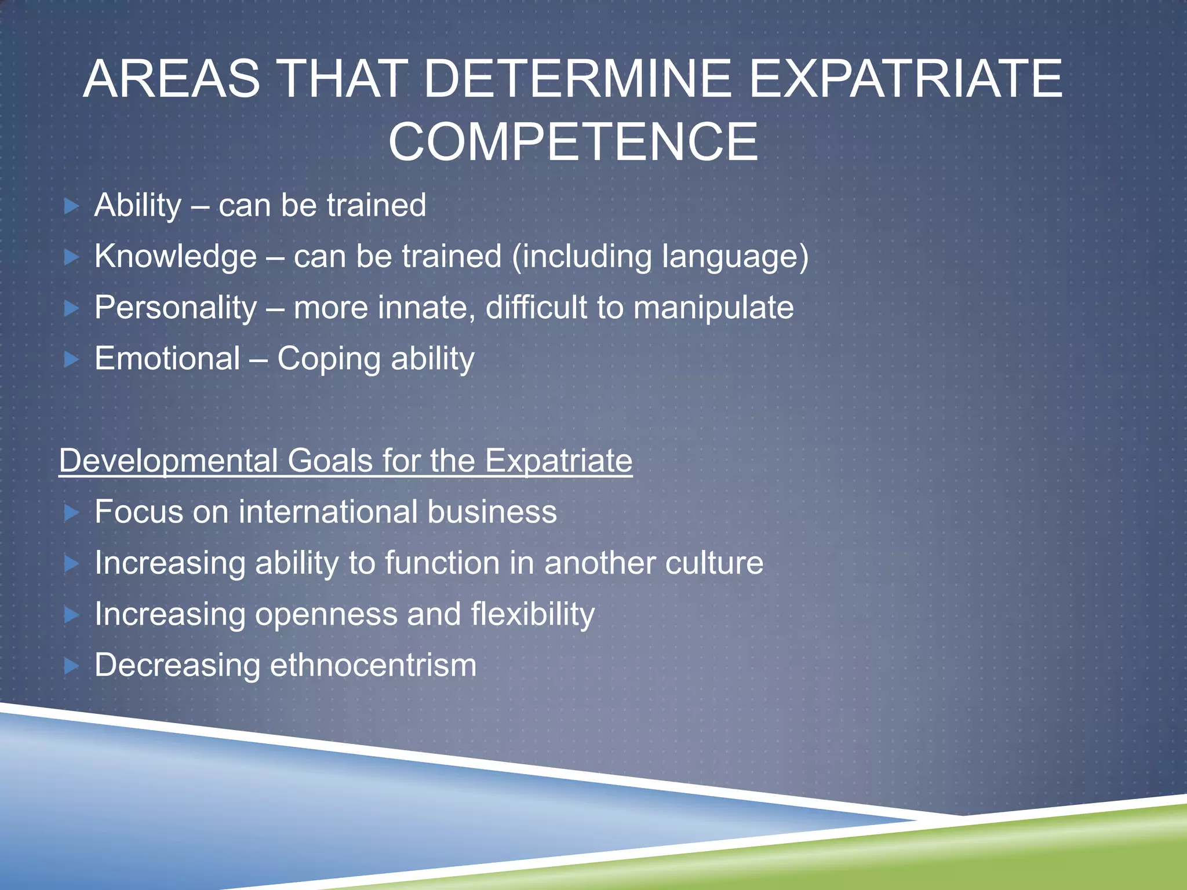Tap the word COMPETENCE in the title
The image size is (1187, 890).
pyautogui.click(x=573, y=142)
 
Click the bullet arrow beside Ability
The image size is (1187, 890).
pyautogui.click(x=71, y=206)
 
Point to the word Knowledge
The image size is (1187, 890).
pyautogui.click(x=175, y=256)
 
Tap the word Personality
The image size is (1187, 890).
pyautogui.click(x=175, y=308)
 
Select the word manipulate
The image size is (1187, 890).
pyautogui.click(x=713, y=308)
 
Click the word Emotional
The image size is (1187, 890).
pyautogui.click(x=167, y=358)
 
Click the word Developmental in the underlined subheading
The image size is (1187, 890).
pyautogui.click(x=168, y=461)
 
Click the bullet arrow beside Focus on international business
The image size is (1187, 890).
pyautogui.click(x=71, y=512)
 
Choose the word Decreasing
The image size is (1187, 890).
pyautogui.click(x=177, y=665)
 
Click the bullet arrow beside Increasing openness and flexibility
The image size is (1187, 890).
pyautogui.click(x=71, y=615)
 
